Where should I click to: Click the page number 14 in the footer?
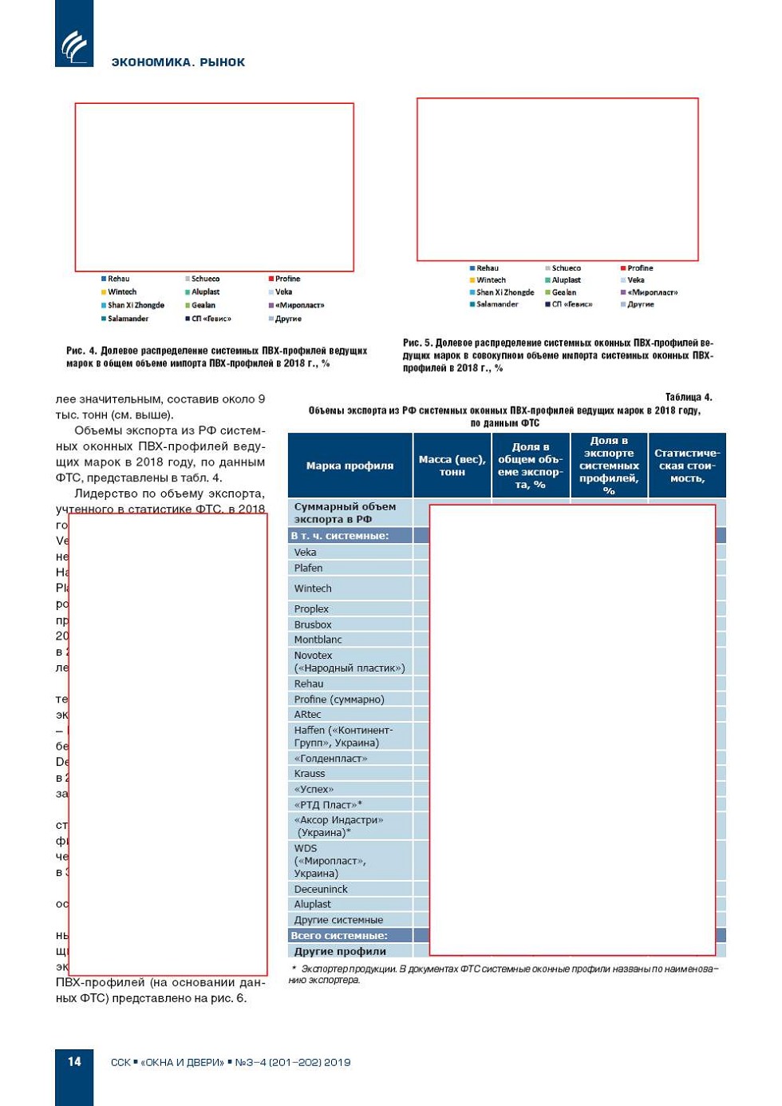[74, 1061]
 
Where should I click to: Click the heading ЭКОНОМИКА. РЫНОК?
[178, 62]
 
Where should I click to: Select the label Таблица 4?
[689, 397]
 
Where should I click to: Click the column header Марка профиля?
[350, 466]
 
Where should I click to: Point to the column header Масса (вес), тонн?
[452, 466]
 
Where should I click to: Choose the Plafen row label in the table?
[308, 568]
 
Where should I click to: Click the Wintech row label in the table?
[313, 589]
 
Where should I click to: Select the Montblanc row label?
[318, 640]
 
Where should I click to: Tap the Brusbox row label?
[313, 624]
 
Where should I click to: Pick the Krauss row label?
[310, 773]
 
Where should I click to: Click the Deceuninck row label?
[321, 889]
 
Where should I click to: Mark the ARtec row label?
[307, 714]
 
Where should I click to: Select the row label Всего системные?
[339, 935]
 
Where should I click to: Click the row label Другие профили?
[340, 951]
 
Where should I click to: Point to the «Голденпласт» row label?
[330, 758]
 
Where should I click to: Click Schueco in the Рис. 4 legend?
[205, 279]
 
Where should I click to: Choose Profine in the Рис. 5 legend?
[640, 268]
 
